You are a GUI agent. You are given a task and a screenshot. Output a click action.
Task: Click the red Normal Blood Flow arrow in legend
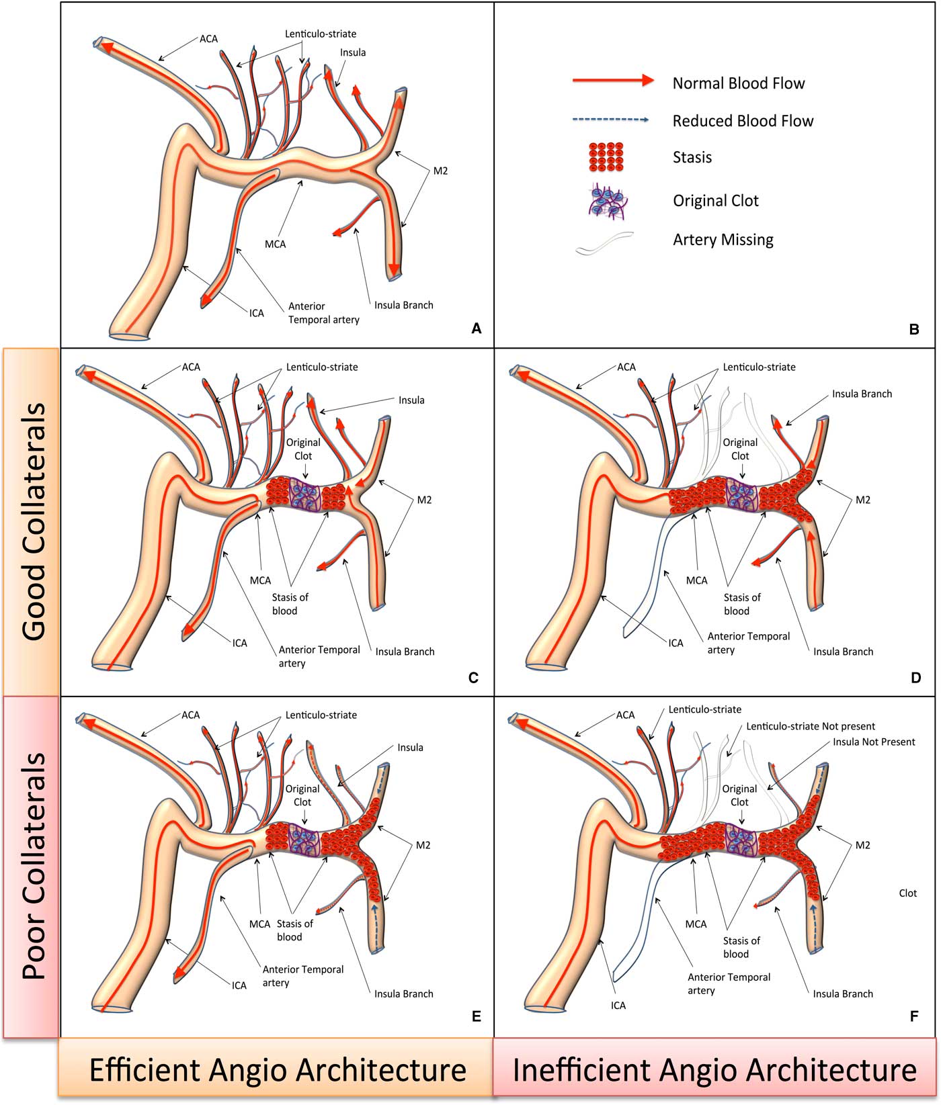[x=612, y=81]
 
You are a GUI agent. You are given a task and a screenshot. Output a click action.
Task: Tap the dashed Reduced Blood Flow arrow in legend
[x=610, y=120]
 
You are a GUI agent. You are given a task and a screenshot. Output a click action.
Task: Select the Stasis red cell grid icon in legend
[x=605, y=157]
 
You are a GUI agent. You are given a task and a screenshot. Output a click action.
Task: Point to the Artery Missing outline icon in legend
[x=604, y=244]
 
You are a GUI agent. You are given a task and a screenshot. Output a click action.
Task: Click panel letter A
[x=477, y=328]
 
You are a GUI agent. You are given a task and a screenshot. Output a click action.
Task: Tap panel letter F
[x=913, y=1016]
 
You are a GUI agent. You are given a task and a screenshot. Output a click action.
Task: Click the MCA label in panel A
[x=275, y=244]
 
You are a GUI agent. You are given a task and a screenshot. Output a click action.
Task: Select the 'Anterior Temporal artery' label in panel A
[x=323, y=313]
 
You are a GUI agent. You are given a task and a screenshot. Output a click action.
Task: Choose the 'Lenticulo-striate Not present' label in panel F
[x=811, y=726]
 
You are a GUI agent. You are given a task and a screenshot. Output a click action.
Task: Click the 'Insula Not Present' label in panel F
[x=874, y=742]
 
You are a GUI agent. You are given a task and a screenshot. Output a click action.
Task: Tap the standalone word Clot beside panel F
[x=907, y=893]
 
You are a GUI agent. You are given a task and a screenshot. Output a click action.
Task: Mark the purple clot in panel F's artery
[x=742, y=844]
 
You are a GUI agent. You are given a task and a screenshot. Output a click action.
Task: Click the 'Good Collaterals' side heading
[x=32, y=521]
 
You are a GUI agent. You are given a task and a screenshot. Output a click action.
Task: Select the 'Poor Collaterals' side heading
[x=32, y=867]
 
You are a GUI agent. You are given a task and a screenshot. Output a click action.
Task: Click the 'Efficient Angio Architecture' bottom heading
[x=277, y=1069]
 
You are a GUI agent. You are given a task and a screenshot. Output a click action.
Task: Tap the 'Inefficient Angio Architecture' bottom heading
[x=714, y=1069]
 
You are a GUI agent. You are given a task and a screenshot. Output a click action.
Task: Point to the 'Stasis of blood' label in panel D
[x=741, y=604]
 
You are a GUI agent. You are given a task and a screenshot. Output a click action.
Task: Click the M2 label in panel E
[x=422, y=845]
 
